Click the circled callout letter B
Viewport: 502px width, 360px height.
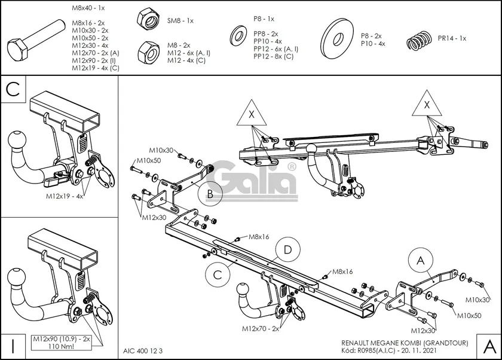[209, 194]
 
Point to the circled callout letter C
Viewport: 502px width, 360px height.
[218, 275]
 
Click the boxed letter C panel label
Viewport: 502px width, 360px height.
[14, 90]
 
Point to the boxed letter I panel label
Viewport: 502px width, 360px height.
[13, 345]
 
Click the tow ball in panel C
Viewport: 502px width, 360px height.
[18, 143]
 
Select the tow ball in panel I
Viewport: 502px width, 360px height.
[18, 279]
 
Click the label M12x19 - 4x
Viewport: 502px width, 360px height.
[65, 196]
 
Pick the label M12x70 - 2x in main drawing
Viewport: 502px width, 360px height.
[261, 328]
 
